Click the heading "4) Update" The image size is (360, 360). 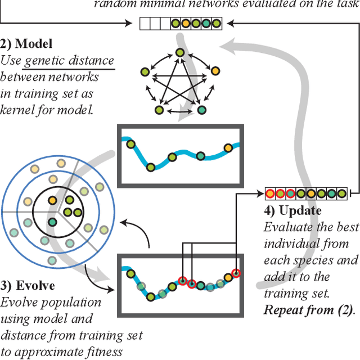pyautogui.click(x=292, y=211)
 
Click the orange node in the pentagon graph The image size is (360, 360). pyautogui.click(x=214, y=71)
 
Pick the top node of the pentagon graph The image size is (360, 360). pyautogui.click(x=179, y=53)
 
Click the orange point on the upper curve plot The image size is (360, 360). pyautogui.click(x=228, y=148)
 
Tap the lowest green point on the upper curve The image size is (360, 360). pyautogui.click(x=151, y=167)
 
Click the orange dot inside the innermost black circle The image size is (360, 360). pyautogui.click(x=52, y=200)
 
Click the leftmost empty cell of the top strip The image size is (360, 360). pyautogui.click(x=145, y=24)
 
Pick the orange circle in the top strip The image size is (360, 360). pyautogui.click(x=186, y=24)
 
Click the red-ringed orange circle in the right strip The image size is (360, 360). pyautogui.click(x=270, y=194)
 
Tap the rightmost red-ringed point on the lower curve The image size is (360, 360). pyautogui.click(x=236, y=273)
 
